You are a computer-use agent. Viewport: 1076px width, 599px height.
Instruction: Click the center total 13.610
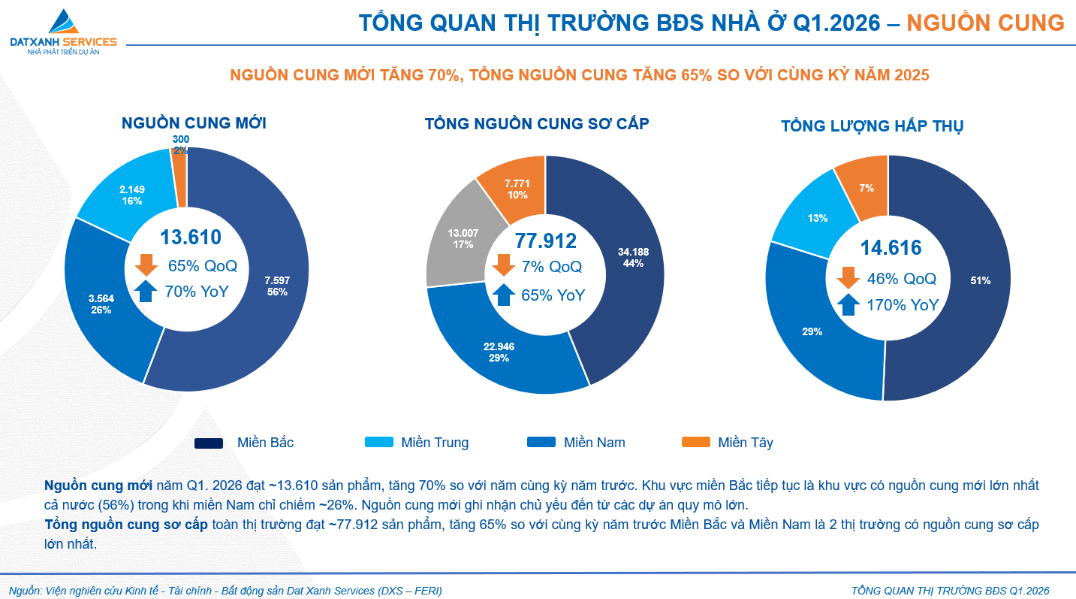(191, 237)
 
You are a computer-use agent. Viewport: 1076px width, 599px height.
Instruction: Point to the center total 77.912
(545, 241)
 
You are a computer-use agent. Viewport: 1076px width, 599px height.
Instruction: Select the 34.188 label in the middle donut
(634, 258)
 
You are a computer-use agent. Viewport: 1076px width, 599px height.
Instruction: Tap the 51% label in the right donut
(980, 280)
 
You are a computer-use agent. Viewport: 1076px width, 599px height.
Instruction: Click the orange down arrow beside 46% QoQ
(848, 277)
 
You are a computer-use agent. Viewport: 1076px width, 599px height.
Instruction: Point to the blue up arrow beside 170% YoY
(848, 304)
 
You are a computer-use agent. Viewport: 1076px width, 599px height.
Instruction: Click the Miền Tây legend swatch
(695, 443)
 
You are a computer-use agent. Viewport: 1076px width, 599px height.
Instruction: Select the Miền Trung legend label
(435, 443)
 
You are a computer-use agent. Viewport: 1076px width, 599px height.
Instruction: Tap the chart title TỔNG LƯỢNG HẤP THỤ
(872, 126)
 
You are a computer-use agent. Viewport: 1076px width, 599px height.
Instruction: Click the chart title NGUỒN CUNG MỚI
(194, 123)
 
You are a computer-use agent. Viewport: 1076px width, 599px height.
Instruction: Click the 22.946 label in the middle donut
(499, 352)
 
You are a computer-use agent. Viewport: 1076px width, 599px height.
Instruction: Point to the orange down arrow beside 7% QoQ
(503, 265)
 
